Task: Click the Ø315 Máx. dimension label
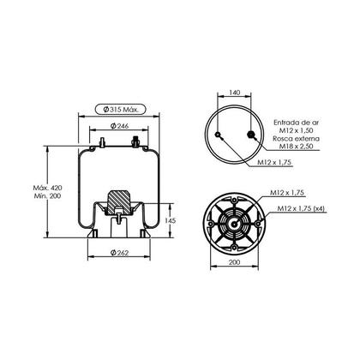120,109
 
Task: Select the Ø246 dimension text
119,126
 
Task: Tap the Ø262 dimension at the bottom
119,253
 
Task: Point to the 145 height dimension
170,220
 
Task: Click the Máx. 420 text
47,188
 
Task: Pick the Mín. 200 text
47,196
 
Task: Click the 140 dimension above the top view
235,93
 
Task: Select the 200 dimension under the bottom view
235,261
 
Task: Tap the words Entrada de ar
296,123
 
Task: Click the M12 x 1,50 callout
296,130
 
